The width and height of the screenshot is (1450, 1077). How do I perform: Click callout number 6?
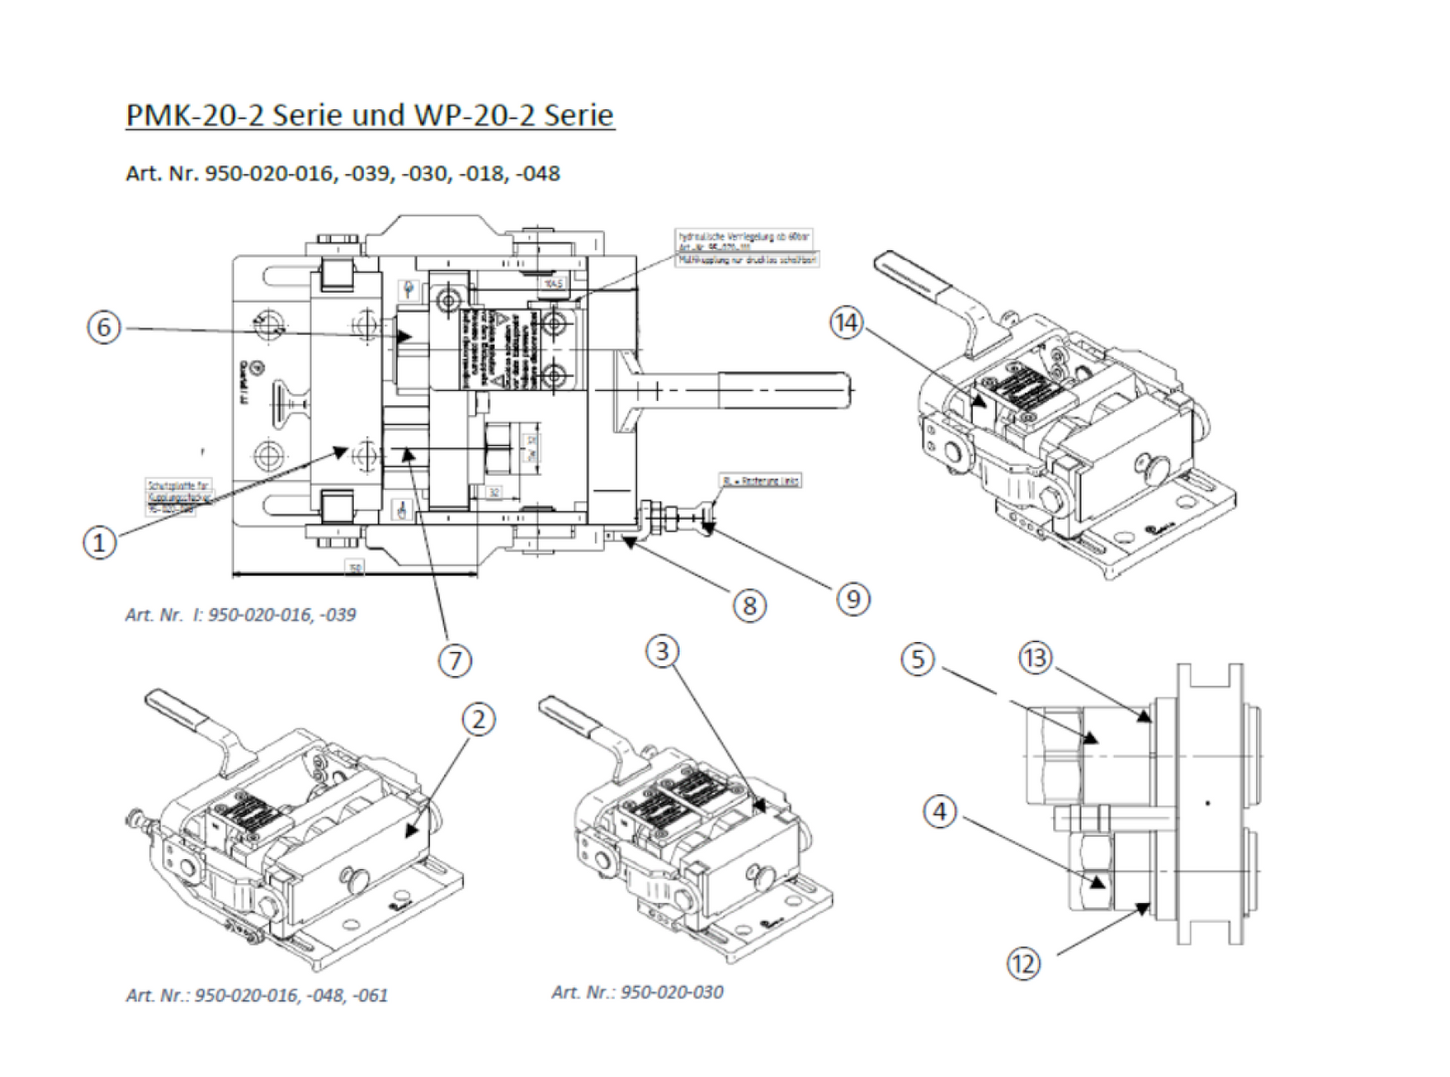coord(104,327)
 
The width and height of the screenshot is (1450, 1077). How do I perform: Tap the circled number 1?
coord(100,543)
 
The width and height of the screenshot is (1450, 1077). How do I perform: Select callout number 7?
coord(455,660)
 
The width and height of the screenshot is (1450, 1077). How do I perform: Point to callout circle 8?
coord(750,605)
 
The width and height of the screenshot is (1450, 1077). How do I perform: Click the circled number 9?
coord(853,599)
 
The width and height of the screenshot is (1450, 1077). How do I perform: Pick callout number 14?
coord(847,323)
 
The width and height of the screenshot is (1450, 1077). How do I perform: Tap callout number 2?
coord(478,719)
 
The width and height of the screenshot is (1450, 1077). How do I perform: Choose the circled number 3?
coord(662,651)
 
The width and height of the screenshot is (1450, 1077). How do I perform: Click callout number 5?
coord(918,660)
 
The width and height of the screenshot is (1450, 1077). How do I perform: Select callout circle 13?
coord(1036,659)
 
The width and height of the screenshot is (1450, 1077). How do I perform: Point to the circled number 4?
coord(940,811)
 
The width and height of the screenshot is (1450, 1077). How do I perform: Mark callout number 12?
coord(1023,964)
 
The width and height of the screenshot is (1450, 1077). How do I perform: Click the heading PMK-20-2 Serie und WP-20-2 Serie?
coord(369,115)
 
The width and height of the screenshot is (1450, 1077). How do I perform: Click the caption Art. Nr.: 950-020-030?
coord(637,992)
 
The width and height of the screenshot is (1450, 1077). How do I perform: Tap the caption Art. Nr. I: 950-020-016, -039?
coord(240,615)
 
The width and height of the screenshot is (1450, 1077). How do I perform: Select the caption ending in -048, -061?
coord(257,995)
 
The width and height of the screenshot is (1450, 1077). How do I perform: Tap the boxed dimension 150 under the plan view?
coord(355,568)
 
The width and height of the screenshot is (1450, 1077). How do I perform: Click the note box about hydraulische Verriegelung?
coord(743,240)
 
